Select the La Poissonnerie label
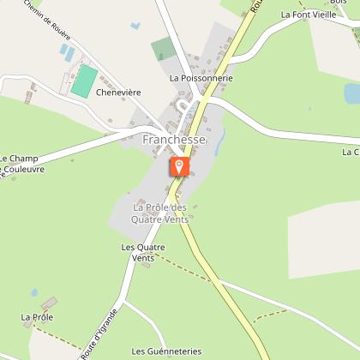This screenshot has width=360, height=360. pos(201,78)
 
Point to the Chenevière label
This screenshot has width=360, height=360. pos(118,91)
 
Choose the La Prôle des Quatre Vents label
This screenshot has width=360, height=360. pos(159,213)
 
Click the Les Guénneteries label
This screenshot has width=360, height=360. pos(166,351)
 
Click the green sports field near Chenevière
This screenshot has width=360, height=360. pos(84,80)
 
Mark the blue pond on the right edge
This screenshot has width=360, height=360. pos(352,93)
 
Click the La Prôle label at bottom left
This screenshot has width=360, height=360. pos(37,317)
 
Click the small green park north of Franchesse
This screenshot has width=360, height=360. pos(162,49)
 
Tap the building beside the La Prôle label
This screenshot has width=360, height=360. pos(50,303)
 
